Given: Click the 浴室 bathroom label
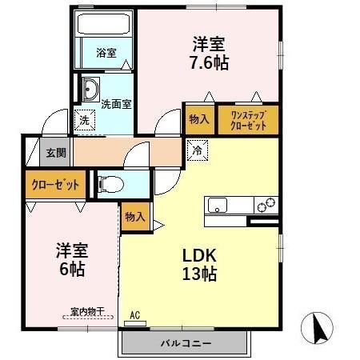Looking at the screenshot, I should [x=106, y=53].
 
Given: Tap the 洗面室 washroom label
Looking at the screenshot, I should [x=116, y=103].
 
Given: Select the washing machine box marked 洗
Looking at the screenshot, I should [x=83, y=121].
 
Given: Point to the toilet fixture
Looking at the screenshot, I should [x=110, y=184].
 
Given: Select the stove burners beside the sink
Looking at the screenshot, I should [x=265, y=204].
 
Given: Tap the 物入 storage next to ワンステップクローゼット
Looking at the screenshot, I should [x=199, y=120].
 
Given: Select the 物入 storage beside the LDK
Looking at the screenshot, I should [x=135, y=216].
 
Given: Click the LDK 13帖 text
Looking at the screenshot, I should [x=200, y=265].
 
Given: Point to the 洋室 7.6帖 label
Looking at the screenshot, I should [x=210, y=52].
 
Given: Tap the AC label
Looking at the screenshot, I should [x=134, y=315].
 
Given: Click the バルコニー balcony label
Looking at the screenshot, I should [x=185, y=342].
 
